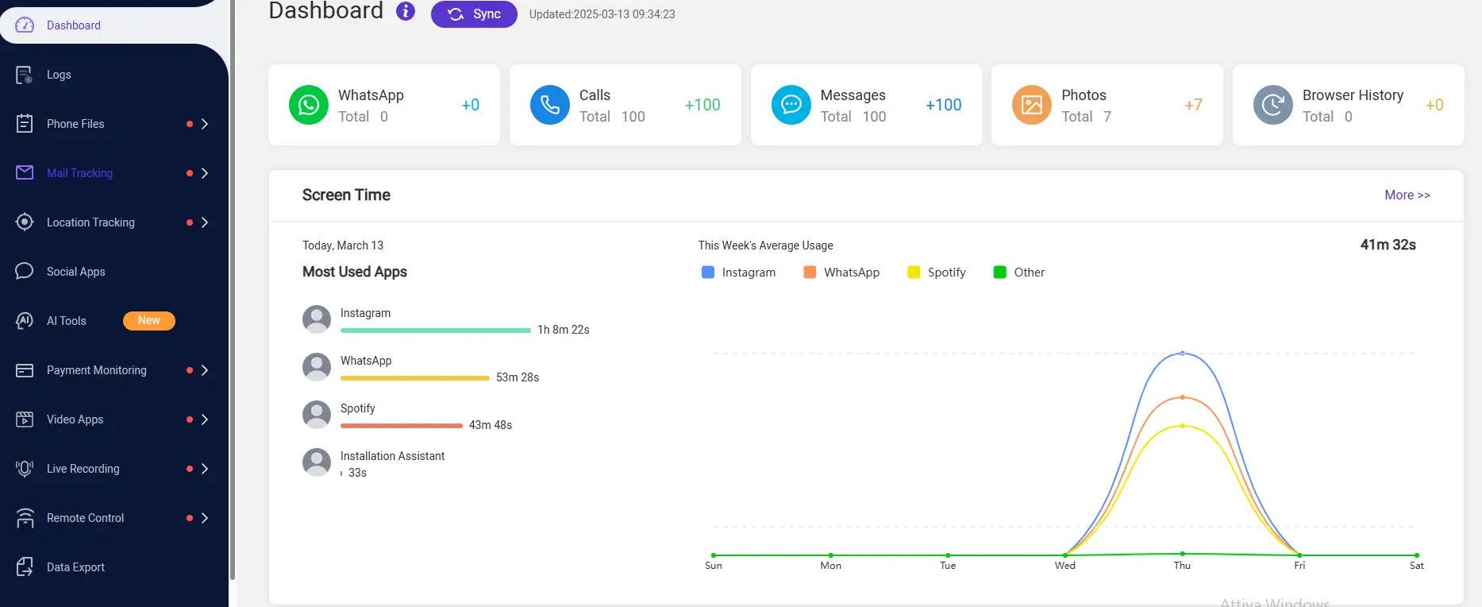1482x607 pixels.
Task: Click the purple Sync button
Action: (x=474, y=14)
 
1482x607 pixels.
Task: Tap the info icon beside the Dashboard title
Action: (x=406, y=11)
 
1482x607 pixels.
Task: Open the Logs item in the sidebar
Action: (x=59, y=75)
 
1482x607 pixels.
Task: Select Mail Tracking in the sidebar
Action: (x=79, y=173)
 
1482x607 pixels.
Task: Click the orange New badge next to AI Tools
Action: (x=148, y=320)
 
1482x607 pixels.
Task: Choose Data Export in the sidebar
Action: (x=75, y=567)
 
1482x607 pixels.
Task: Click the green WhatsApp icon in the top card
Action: (x=309, y=105)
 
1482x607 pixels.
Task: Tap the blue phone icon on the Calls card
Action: (x=550, y=105)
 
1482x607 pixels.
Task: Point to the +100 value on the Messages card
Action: (x=943, y=105)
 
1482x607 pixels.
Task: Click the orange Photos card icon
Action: (x=1032, y=105)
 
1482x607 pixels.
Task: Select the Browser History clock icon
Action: (x=1273, y=105)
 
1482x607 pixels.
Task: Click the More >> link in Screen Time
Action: (x=1407, y=195)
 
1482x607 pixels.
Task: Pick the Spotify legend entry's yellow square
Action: (x=914, y=273)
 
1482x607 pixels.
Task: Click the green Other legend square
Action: (x=1000, y=273)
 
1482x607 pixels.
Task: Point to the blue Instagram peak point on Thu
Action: (x=1182, y=353)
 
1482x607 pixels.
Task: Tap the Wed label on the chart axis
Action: (x=1064, y=566)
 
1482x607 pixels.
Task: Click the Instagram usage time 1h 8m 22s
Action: (x=563, y=330)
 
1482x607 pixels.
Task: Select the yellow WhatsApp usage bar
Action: (x=414, y=378)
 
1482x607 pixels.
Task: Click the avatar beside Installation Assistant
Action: (x=317, y=462)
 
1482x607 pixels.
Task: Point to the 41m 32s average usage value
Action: (x=1388, y=245)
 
